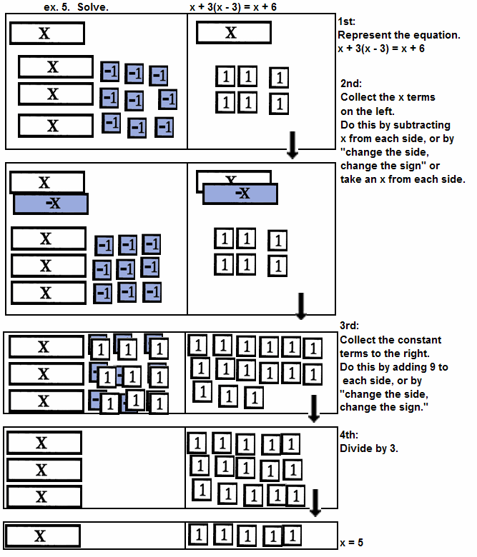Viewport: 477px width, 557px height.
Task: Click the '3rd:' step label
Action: (x=351, y=327)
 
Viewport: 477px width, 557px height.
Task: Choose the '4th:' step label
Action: (x=351, y=434)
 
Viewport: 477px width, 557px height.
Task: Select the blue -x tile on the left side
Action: (x=51, y=204)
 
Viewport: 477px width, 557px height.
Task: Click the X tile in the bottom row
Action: (x=42, y=536)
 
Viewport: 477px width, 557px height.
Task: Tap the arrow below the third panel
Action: (x=313, y=408)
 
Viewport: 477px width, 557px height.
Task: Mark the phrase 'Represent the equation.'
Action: (x=399, y=35)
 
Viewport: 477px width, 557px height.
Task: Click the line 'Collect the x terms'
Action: (x=388, y=97)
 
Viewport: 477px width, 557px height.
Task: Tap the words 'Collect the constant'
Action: (x=390, y=340)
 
